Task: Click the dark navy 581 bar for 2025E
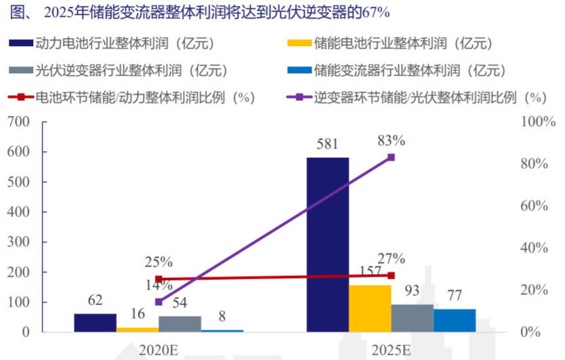tap(328, 244)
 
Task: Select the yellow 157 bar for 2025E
tap(371, 308)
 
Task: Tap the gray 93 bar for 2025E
tap(413, 318)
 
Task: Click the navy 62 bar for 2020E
tap(95, 323)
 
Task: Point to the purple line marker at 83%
tap(392, 157)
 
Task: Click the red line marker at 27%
tap(392, 275)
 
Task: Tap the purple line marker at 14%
tap(159, 302)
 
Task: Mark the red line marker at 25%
tap(159, 279)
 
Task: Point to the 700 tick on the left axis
tap(20, 122)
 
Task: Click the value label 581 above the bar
tap(328, 144)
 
